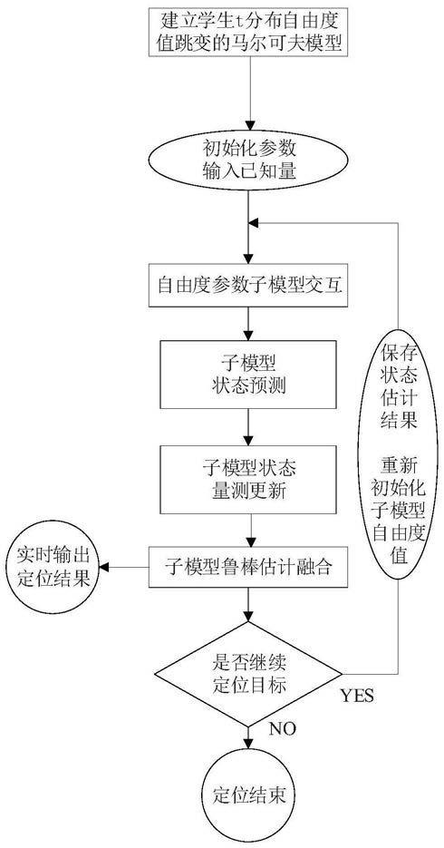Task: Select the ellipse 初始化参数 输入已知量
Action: [248, 161]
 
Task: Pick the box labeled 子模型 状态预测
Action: [248, 374]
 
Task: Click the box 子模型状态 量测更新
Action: [248, 479]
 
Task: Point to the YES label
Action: [357, 696]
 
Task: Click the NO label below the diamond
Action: [282, 728]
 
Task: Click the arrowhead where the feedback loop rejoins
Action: [255, 222]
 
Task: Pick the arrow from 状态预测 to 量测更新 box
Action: [248, 426]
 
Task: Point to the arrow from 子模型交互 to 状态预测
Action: [248, 323]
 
